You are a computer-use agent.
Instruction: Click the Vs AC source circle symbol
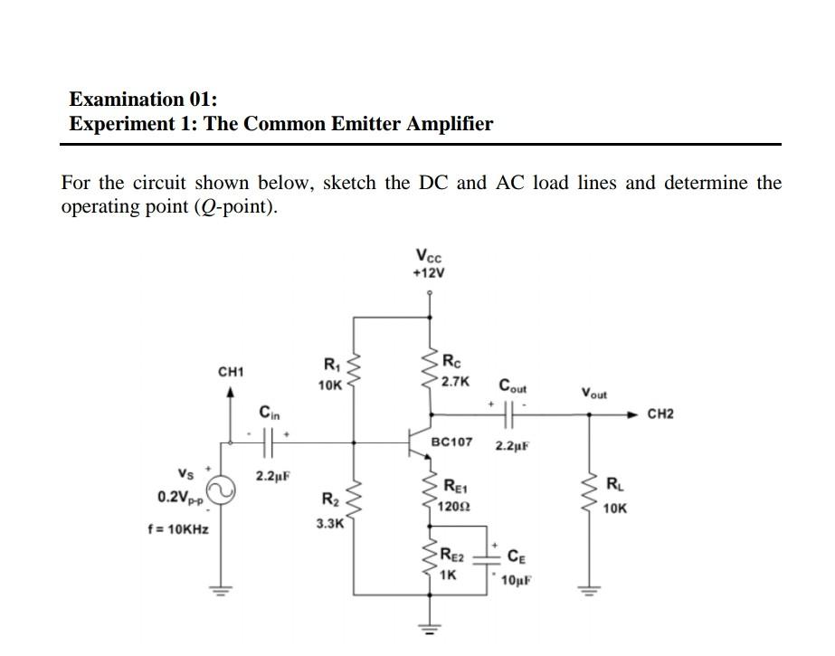pos(222,492)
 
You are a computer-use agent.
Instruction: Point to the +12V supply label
pos(429,271)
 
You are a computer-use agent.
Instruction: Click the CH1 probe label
pos(232,372)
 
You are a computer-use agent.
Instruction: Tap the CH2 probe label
pos(661,414)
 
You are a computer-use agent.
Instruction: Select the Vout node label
pos(594,394)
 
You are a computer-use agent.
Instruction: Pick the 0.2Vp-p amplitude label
pos(178,498)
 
